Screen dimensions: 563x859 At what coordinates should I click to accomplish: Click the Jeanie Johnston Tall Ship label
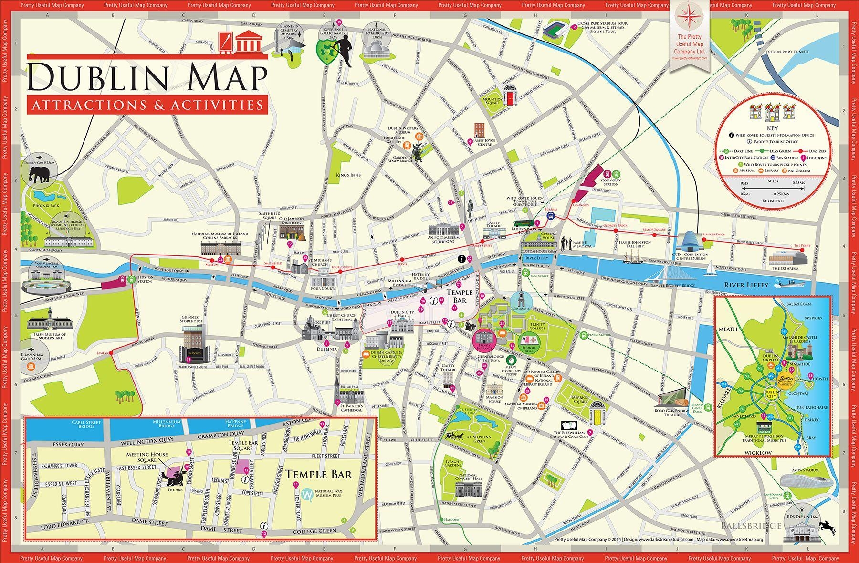point(635,244)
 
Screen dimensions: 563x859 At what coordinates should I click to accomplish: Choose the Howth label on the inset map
point(820,379)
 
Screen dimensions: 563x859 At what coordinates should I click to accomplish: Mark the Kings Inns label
point(348,175)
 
